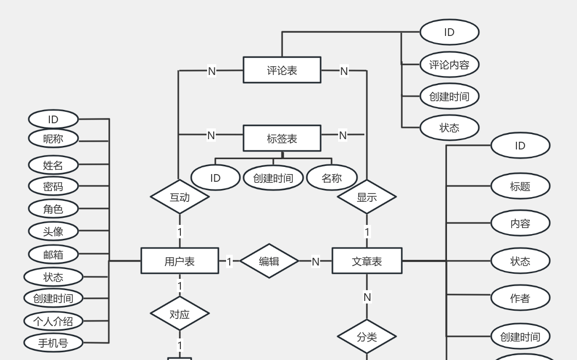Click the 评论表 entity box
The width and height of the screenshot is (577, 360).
pyautogui.click(x=282, y=70)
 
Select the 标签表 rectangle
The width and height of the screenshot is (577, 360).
pyautogui.click(x=282, y=139)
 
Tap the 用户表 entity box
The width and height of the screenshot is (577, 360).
pyautogui.click(x=180, y=261)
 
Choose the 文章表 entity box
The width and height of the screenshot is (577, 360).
pyautogui.click(x=367, y=261)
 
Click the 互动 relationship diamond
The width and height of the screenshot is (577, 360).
pyautogui.click(x=180, y=197)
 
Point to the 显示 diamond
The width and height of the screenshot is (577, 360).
pyautogui.click(x=367, y=197)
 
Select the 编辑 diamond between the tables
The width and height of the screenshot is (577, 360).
pyautogui.click(x=269, y=261)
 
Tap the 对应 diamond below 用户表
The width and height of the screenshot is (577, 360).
pyautogui.click(x=180, y=314)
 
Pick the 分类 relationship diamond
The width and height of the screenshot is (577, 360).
pyautogui.click(x=367, y=337)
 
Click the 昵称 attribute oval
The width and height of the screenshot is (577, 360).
pyautogui.click(x=53, y=139)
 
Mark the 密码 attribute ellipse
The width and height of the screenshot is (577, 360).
pyautogui.click(x=53, y=186)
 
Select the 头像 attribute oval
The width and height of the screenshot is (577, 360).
pyautogui.click(x=53, y=231)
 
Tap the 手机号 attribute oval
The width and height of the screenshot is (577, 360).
pyautogui.click(x=53, y=343)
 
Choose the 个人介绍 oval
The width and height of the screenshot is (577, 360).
pyautogui.click(x=53, y=321)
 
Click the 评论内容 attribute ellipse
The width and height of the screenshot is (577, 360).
pyautogui.click(x=449, y=65)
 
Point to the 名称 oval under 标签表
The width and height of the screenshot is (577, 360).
pyautogui.click(x=331, y=178)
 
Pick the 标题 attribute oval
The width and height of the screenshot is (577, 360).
pyautogui.click(x=520, y=186)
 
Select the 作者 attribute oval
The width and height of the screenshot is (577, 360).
pyautogui.click(x=520, y=298)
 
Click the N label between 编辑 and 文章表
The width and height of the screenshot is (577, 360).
pyautogui.click(x=315, y=262)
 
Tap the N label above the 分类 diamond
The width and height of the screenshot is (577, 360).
pyautogui.click(x=367, y=297)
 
